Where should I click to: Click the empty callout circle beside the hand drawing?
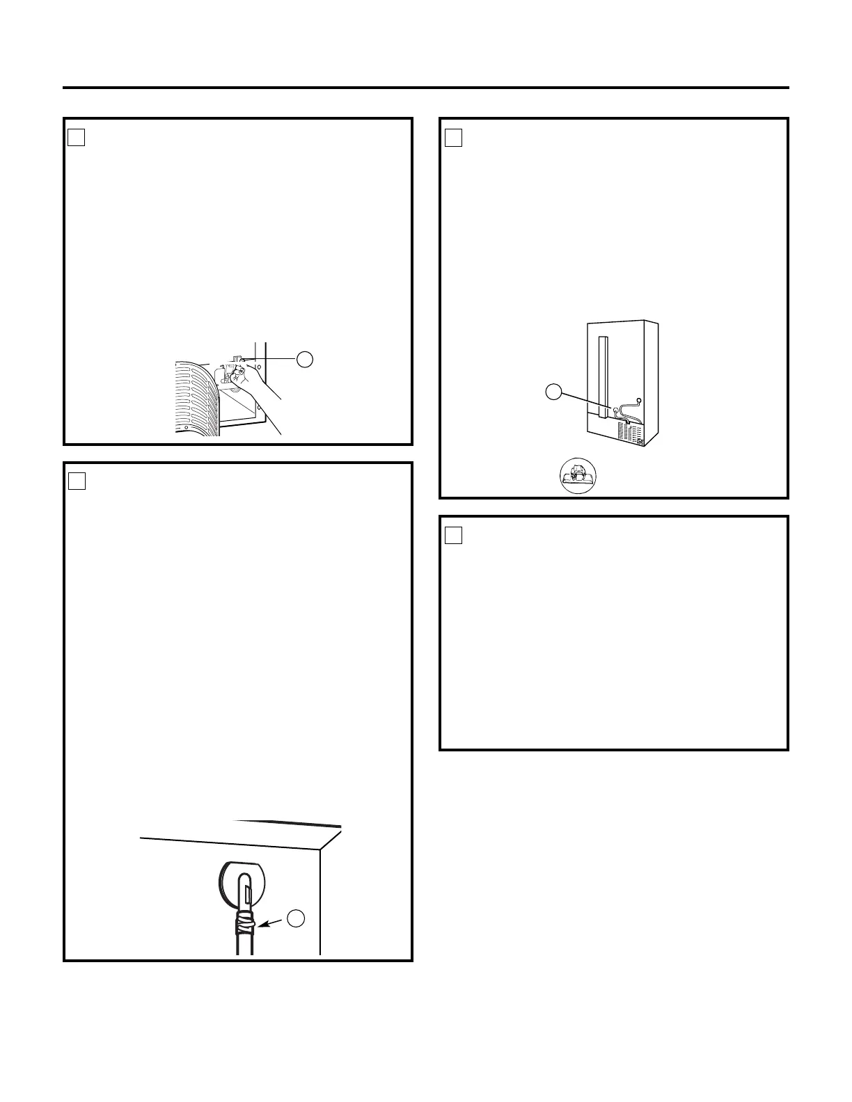coord(303,359)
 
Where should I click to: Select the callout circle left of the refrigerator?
coord(553,391)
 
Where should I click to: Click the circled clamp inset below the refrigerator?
coord(579,477)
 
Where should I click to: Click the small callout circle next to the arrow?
coord(297,918)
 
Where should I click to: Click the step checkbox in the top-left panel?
coord(77,138)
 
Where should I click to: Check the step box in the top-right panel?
coord(453,138)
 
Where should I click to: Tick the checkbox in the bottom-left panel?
coord(77,481)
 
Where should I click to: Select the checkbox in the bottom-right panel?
coord(453,534)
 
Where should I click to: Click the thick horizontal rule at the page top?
coord(426,88)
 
